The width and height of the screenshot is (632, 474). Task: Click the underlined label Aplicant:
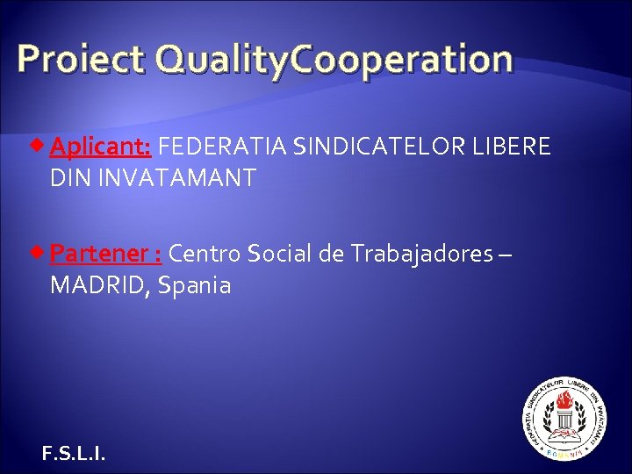pos(102,147)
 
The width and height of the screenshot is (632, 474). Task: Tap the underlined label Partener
pos(100,254)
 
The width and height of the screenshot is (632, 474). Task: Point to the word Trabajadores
pos(421,254)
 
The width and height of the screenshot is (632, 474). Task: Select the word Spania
pos(195,285)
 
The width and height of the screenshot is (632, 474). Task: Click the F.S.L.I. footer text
pos(73,453)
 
